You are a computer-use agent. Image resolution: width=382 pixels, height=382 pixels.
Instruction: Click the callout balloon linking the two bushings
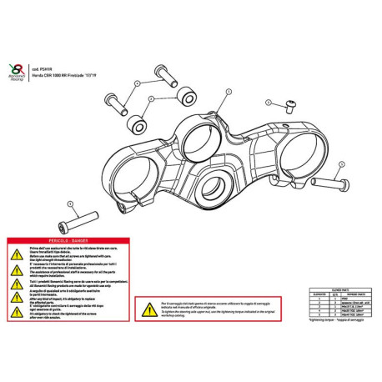[148, 98]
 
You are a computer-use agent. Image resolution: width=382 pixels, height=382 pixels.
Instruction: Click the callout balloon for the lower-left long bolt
[71, 204]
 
